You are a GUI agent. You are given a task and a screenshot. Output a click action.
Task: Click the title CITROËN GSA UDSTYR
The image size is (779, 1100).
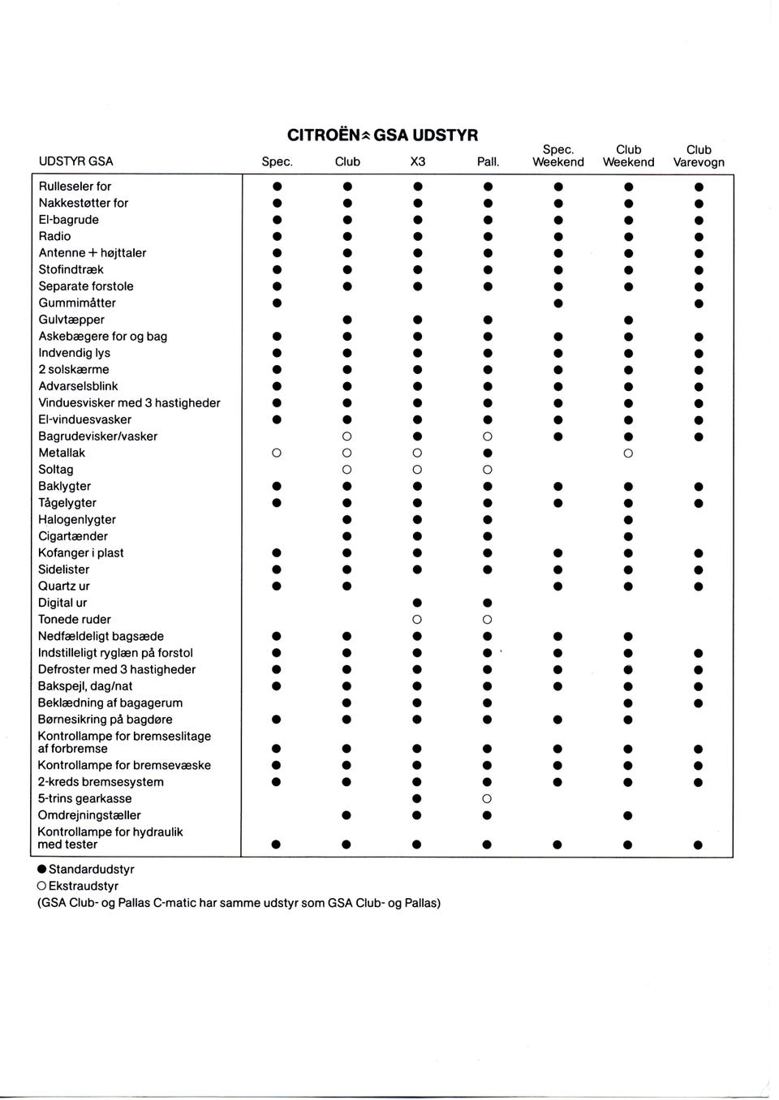click(382, 135)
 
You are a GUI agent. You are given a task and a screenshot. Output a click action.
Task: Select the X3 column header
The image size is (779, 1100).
click(417, 162)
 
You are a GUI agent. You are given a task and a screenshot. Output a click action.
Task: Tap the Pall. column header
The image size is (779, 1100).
click(488, 162)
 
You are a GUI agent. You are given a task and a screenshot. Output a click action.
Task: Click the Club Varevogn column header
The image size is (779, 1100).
click(699, 156)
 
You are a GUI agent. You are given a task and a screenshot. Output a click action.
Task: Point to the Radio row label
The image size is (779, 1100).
click(54, 236)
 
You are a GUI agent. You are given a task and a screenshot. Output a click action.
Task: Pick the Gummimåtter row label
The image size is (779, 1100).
click(77, 303)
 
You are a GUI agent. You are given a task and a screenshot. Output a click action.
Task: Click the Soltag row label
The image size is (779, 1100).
click(56, 470)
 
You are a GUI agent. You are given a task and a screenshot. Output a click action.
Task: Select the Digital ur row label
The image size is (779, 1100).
click(62, 603)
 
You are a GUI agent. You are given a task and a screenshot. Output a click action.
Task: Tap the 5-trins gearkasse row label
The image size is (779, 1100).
click(84, 798)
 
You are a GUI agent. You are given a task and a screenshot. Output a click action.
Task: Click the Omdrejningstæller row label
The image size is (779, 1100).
click(89, 815)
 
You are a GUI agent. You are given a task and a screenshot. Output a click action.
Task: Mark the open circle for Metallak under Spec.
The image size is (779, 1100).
click(277, 453)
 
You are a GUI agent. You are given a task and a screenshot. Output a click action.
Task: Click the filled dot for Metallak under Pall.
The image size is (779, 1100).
click(487, 453)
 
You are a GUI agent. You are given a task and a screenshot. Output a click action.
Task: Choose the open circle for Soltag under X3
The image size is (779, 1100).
click(417, 470)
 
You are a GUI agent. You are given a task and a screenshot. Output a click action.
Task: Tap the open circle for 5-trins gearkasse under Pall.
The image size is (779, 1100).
click(487, 799)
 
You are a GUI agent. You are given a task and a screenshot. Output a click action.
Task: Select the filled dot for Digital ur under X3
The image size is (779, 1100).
click(417, 603)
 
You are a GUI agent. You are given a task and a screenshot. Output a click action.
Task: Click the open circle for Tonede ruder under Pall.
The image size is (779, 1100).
click(487, 620)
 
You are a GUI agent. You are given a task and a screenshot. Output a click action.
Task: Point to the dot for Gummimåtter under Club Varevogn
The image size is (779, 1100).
click(699, 303)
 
